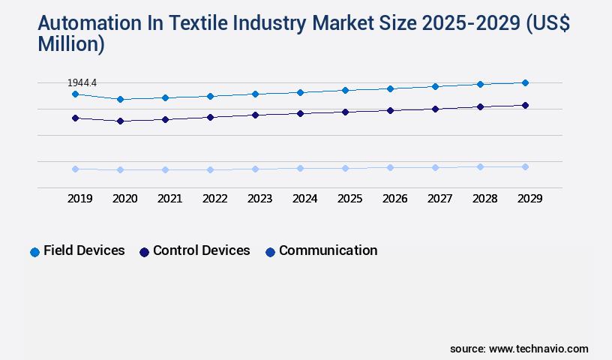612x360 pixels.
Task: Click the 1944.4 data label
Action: [x=82, y=82]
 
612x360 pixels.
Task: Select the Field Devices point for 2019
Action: [x=75, y=94]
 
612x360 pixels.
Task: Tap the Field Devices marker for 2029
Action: [x=525, y=82]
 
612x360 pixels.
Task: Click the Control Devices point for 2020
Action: [x=120, y=121]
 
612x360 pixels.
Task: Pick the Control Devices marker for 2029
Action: [x=525, y=105]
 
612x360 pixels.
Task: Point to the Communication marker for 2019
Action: [x=75, y=169]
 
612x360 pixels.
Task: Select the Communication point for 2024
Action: [x=300, y=168]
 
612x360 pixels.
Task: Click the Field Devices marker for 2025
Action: [x=345, y=90]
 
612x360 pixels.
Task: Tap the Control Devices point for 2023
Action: [x=255, y=115]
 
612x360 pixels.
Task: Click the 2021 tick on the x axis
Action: [x=169, y=199]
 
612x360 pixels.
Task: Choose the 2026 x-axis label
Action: [x=394, y=199]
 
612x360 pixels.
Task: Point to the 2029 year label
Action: [x=529, y=199]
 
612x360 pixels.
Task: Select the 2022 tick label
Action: [x=214, y=199]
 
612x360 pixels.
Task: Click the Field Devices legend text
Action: [x=84, y=250]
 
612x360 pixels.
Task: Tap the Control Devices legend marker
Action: [x=144, y=252]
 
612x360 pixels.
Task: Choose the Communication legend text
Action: [x=328, y=250]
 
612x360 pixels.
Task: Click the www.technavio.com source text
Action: [x=538, y=349]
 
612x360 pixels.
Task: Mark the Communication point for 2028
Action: [x=480, y=166]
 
